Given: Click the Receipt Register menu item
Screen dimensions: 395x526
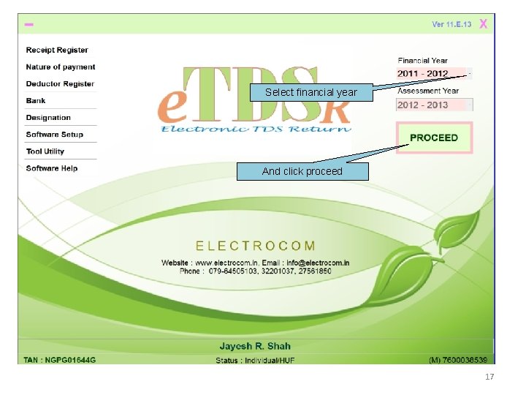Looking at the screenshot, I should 57,50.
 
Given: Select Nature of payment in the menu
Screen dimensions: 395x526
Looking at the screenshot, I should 61,67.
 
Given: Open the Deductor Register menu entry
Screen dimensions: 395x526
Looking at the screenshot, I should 60,84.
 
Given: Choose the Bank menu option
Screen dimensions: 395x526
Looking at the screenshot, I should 36,101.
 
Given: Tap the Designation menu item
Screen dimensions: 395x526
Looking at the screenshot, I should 48,118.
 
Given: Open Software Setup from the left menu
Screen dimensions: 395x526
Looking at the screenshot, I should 54,135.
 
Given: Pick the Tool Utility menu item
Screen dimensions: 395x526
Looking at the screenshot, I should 45,151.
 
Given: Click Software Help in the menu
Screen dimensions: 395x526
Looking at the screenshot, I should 51,168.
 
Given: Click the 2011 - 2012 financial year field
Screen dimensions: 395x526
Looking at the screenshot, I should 430,74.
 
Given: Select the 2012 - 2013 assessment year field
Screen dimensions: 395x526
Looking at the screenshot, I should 430,105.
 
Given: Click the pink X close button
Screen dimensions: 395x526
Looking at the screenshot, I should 484,24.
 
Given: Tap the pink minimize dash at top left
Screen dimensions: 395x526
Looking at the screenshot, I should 29,25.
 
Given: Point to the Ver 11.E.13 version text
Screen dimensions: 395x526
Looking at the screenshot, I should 451,25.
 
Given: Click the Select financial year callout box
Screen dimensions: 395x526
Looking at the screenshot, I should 310,93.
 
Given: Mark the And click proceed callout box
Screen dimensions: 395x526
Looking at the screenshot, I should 302,172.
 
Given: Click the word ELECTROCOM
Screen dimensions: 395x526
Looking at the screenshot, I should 256,246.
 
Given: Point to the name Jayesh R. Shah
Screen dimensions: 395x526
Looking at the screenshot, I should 255,346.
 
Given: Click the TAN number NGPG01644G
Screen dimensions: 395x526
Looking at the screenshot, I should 60,360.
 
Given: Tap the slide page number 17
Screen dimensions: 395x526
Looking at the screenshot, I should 489,377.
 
